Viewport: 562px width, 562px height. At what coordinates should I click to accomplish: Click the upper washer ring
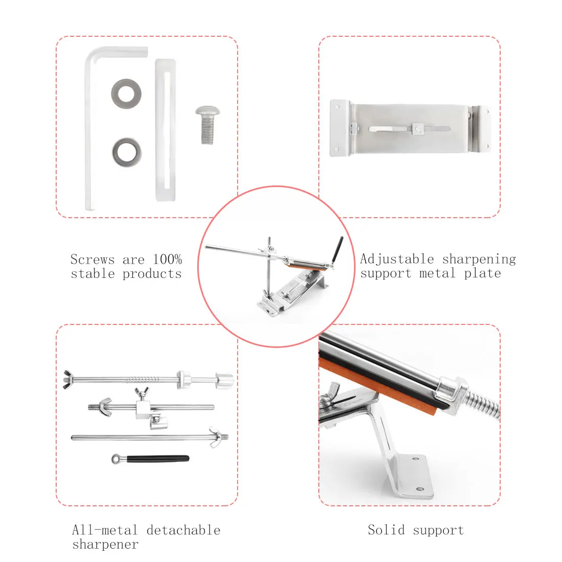click(126, 93)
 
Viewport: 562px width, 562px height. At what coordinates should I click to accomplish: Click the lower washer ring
click(126, 152)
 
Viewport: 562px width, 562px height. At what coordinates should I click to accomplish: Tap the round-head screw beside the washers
click(207, 125)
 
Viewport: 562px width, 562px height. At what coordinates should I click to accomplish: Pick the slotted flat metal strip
click(165, 130)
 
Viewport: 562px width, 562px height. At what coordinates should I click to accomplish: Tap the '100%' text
click(167, 260)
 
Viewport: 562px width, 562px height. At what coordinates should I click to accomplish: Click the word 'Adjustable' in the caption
click(397, 259)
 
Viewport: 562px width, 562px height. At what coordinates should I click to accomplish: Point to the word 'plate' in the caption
click(482, 273)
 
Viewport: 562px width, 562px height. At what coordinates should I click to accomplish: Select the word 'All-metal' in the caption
click(105, 530)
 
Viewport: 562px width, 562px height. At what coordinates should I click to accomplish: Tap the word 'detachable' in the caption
click(183, 530)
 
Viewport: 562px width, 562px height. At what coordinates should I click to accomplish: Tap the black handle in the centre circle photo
click(337, 249)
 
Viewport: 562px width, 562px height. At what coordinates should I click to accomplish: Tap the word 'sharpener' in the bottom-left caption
click(105, 545)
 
